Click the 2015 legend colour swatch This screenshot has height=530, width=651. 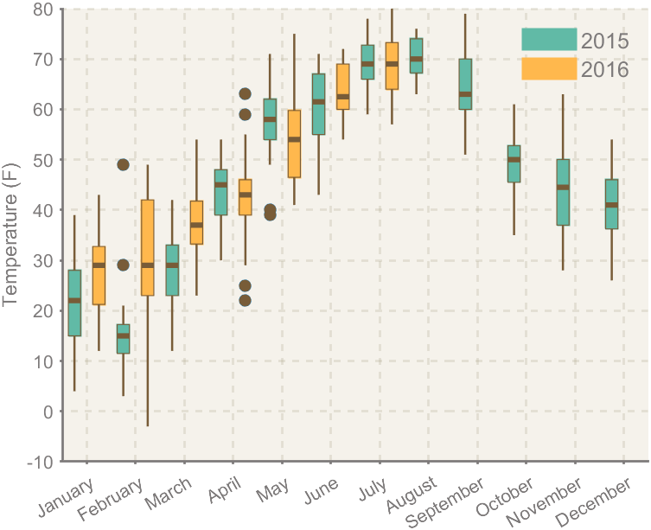point(548,40)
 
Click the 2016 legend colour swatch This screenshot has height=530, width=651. point(548,68)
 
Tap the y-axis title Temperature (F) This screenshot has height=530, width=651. point(11,236)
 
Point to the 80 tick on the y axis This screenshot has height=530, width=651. point(43,10)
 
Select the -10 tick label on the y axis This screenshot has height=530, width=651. point(40,462)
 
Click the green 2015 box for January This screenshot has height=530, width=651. point(74,303)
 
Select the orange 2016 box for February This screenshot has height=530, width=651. point(147,248)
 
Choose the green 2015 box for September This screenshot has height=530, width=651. point(465,84)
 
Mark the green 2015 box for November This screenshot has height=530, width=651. point(563,192)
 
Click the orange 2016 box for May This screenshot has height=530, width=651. point(294,144)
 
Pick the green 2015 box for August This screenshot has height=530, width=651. point(416,55)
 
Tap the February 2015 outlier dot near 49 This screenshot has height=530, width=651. point(123,165)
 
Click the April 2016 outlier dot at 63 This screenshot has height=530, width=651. point(246,94)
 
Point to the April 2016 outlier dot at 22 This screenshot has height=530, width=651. point(246,301)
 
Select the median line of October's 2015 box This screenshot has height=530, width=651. point(514,160)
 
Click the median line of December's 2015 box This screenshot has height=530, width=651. point(611,205)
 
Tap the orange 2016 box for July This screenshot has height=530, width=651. point(392,66)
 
